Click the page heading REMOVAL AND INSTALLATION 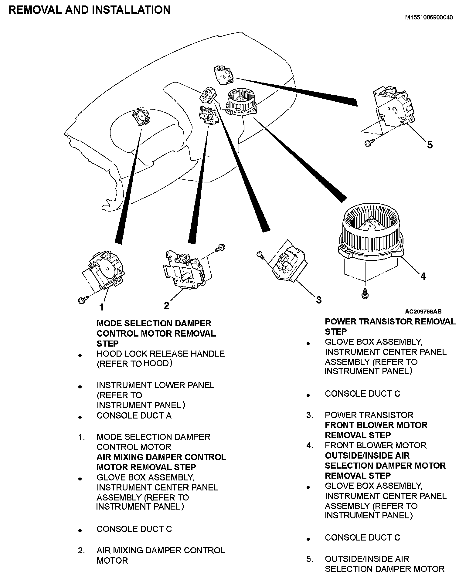[x=90, y=10]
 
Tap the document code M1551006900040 [x=429, y=17]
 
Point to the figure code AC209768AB [x=423, y=311]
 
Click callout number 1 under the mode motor [x=102, y=307]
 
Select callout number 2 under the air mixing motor [x=166, y=305]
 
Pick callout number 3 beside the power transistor [x=318, y=300]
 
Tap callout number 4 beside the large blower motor [x=423, y=276]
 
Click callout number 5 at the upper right [x=430, y=145]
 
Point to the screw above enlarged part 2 [x=220, y=247]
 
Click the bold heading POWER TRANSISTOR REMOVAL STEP [x=390, y=327]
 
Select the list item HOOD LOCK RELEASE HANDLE [x=161, y=354]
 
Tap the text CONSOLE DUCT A [x=134, y=415]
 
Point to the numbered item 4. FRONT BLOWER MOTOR [x=375, y=445]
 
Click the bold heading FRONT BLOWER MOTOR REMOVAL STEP [x=376, y=430]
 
